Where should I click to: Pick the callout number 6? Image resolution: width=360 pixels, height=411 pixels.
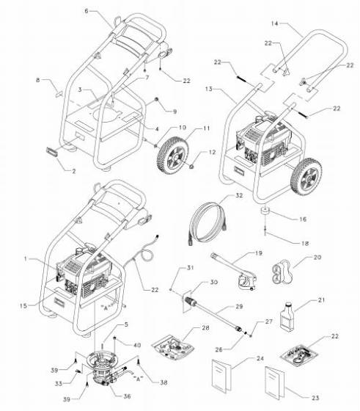pyautogui.click(x=87, y=12)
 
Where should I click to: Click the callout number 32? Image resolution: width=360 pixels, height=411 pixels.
pyautogui.click(x=239, y=196)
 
